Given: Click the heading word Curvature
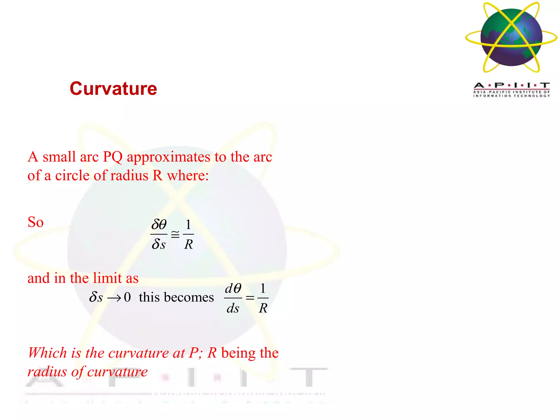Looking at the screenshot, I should click(x=113, y=89).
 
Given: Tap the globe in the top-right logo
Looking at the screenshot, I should click(x=511, y=37).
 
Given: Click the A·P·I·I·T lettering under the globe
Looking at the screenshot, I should click(x=512, y=86).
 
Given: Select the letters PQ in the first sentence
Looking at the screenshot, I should click(x=113, y=157).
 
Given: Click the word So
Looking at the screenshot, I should click(x=36, y=222).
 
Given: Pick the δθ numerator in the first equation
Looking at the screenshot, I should click(x=159, y=225).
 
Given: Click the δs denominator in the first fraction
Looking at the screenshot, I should click(x=159, y=244).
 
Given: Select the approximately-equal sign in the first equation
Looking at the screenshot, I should click(x=175, y=234).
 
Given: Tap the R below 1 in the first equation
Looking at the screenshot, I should click(x=188, y=244).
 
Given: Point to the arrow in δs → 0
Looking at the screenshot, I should click(x=114, y=298).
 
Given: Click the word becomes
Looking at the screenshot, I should click(x=189, y=297).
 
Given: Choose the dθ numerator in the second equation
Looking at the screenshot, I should click(x=233, y=288).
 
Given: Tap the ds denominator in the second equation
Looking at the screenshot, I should click(x=233, y=308).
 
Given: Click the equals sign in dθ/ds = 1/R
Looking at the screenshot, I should click(x=250, y=298).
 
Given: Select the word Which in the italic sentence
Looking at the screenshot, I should click(x=47, y=353).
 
